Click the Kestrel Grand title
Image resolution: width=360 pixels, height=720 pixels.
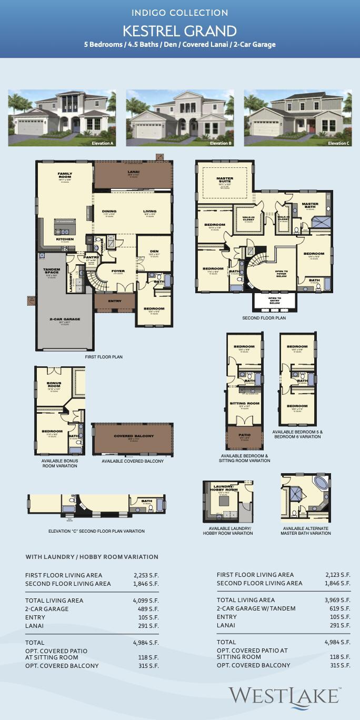coord(180,31)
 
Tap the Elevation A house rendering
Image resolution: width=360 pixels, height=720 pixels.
coord(62,118)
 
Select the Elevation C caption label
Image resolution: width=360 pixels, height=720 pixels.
coord(338,143)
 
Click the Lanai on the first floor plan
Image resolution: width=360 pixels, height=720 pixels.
coord(133,174)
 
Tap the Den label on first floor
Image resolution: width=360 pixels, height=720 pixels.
coord(154,252)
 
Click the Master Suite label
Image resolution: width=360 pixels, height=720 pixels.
coord(225,179)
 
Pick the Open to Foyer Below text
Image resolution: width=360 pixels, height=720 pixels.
coord(278,273)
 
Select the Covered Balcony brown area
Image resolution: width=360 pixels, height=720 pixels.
coord(133,439)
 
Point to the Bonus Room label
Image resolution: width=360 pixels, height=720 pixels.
coord(54,384)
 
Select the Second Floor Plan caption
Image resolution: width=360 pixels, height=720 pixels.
coord(264,318)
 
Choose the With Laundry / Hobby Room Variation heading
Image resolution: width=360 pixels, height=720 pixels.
coord(92,557)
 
